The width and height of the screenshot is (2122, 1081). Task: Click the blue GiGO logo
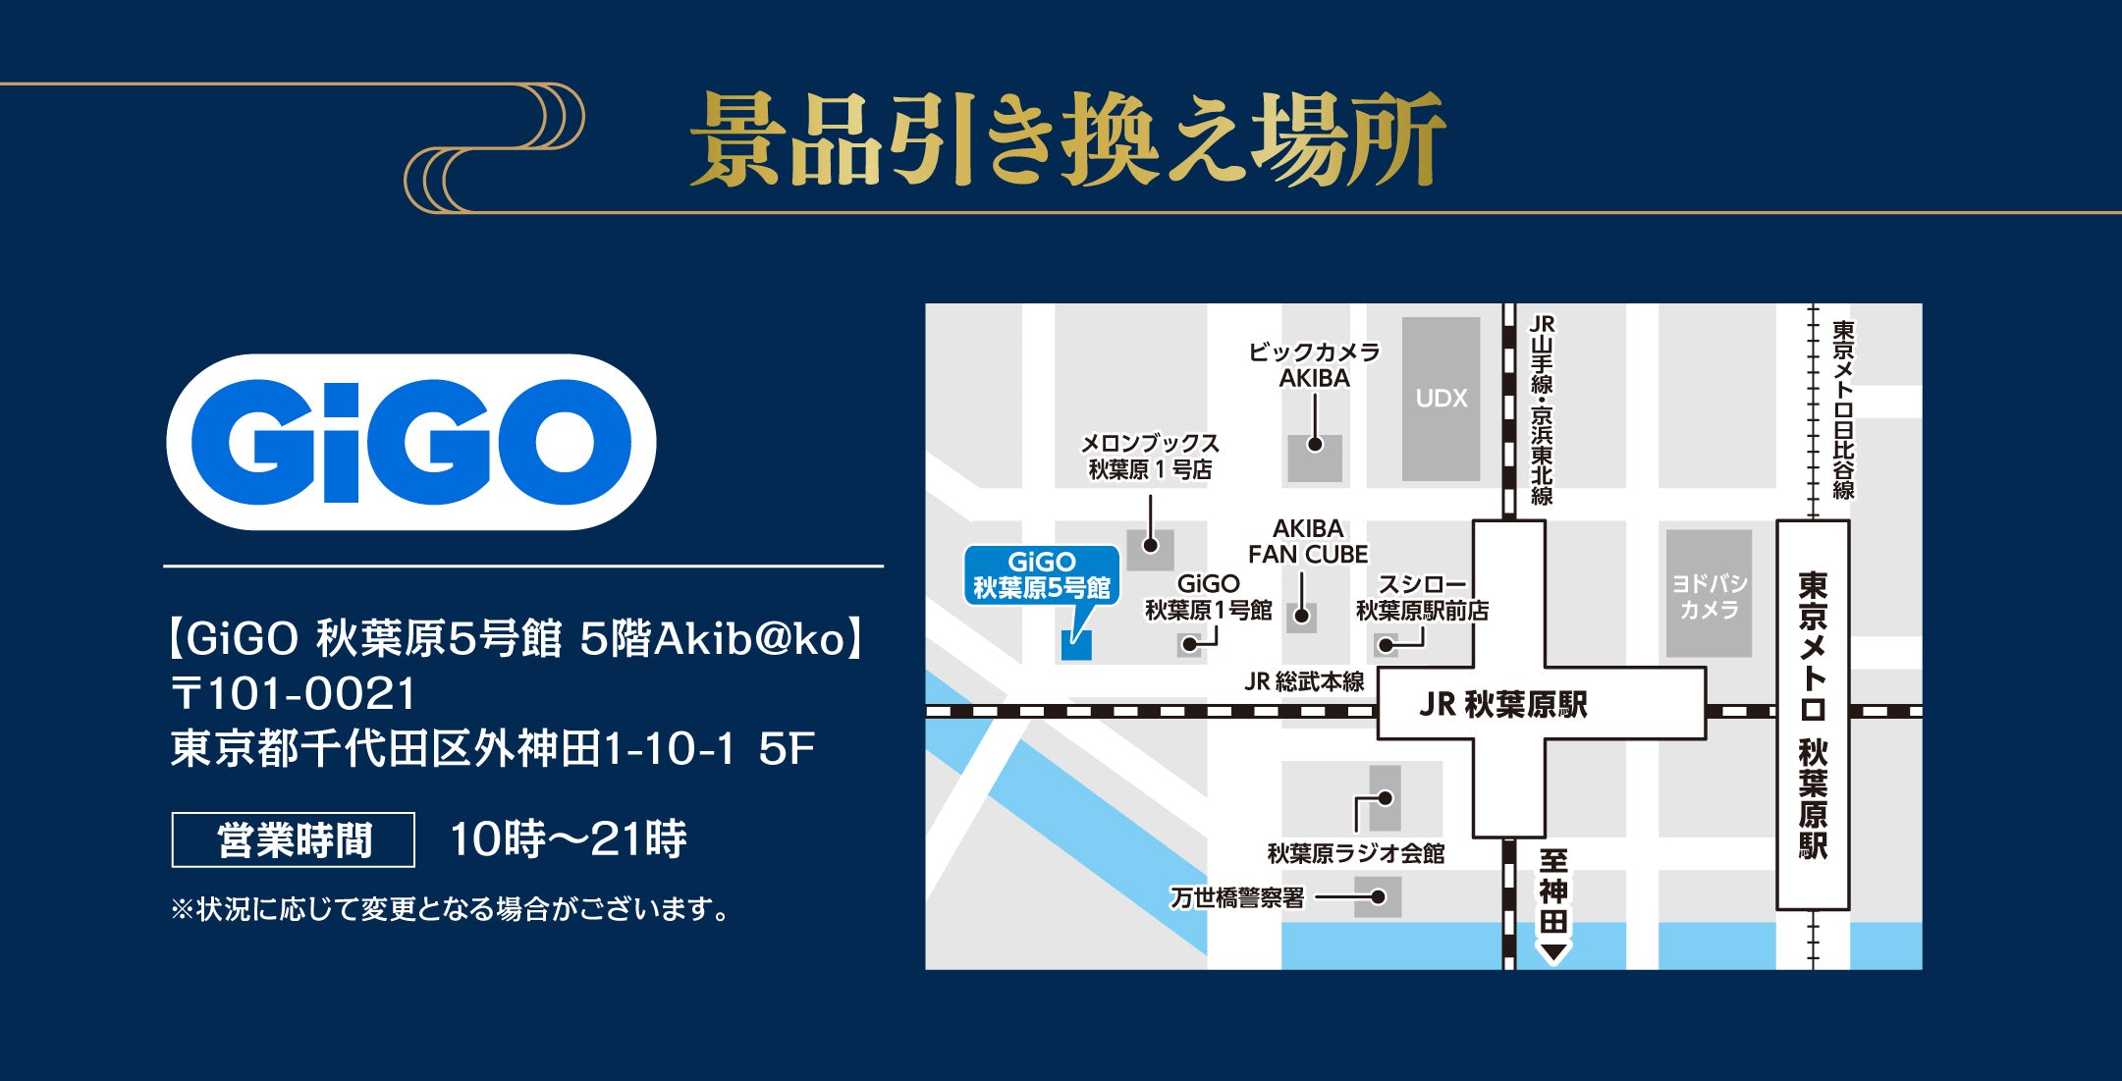[410, 442]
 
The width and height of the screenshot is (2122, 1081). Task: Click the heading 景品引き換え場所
[1067, 139]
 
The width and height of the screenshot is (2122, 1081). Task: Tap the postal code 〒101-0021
[294, 693]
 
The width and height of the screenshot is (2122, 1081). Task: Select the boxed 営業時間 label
[294, 839]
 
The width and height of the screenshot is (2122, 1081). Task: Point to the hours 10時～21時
[568, 838]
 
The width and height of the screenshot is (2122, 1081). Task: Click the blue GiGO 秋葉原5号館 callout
[1041, 575]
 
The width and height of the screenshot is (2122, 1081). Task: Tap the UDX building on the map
[1441, 398]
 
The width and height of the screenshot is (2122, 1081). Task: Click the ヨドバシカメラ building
[1709, 595]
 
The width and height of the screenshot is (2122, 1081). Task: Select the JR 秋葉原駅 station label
[1502, 704]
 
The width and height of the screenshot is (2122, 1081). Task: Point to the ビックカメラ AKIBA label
[1314, 365]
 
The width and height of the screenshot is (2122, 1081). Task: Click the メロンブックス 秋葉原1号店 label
[1150, 457]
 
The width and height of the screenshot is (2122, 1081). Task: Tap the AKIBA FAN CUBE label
[1307, 542]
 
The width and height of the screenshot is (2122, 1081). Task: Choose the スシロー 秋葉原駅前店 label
[1422, 598]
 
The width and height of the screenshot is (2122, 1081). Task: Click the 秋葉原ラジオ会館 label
[1355, 853]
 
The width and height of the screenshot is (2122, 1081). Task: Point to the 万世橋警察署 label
[1237, 897]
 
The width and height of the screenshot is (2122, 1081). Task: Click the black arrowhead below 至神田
[1552, 951]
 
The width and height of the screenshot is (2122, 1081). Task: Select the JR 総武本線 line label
[1303, 681]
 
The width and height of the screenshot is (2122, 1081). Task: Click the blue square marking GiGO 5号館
[1076, 645]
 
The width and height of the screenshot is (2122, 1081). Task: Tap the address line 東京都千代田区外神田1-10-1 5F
[493, 749]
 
